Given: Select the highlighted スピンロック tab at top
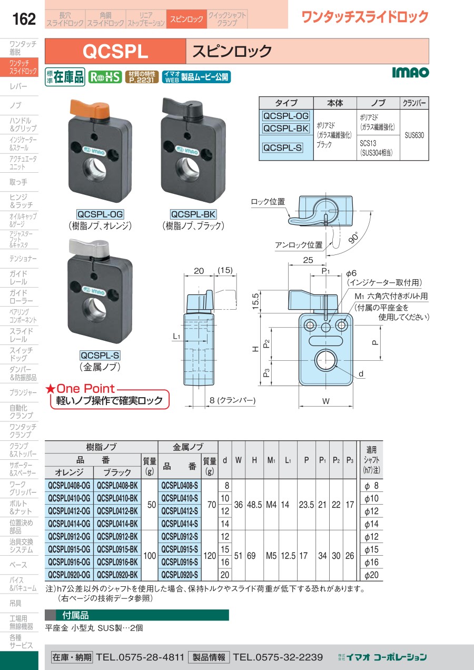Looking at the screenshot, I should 186,19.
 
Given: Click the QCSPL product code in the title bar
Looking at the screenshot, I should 116,52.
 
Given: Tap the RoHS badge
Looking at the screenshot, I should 105,77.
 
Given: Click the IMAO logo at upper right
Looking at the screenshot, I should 410,72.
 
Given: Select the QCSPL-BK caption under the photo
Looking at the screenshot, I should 193,214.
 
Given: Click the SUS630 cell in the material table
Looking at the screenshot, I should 414,135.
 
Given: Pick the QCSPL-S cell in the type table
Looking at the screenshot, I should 282,148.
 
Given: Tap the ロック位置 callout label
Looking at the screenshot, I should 268,201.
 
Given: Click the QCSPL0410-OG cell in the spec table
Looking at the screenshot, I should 69,498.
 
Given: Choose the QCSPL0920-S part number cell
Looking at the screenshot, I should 180,575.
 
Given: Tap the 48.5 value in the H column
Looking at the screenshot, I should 254,504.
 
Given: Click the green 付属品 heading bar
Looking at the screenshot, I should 137,615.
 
